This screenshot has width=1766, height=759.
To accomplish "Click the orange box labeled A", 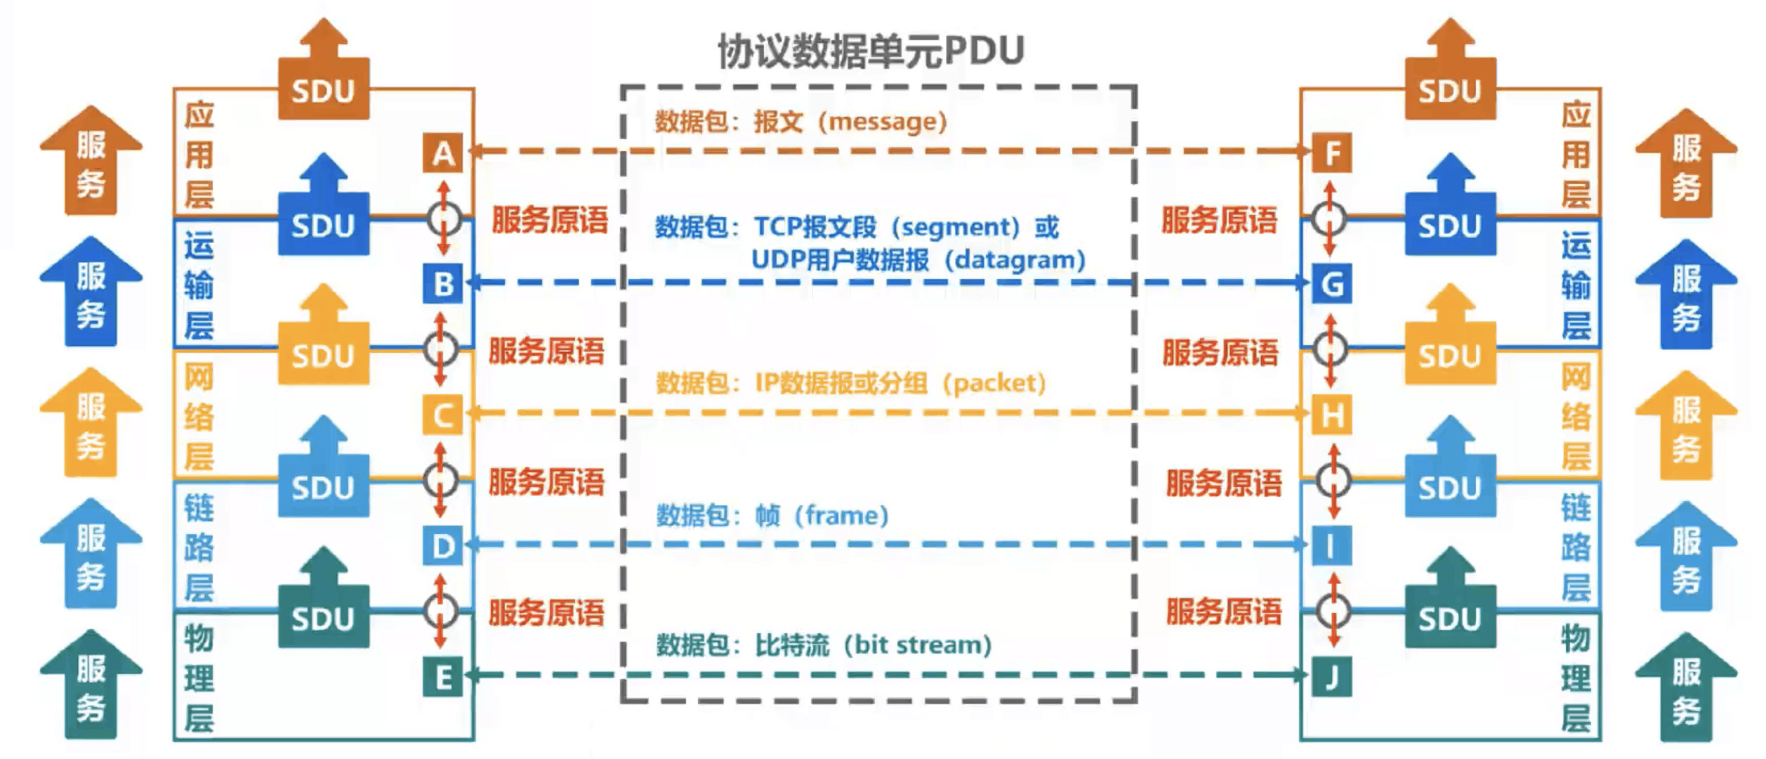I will [x=442, y=153].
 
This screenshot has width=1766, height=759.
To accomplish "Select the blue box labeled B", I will [x=442, y=284].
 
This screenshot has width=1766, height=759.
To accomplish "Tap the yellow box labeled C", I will [x=442, y=415].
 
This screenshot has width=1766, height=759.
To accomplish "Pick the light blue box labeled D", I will [x=442, y=546].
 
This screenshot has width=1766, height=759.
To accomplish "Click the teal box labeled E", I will [x=442, y=677].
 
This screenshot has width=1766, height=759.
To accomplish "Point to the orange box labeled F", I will [x=1331, y=153].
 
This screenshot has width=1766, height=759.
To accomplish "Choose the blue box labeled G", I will [x=1331, y=284].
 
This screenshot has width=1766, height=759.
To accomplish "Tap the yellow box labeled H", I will [x=1331, y=415].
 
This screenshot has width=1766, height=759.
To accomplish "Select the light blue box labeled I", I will [x=1331, y=546].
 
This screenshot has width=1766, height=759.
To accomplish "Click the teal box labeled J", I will [x=1331, y=677].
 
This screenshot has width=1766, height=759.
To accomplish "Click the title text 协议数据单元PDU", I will [x=871, y=51].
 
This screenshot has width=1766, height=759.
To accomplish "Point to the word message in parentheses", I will [x=887, y=122].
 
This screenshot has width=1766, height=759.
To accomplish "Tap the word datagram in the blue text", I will [x=1015, y=260].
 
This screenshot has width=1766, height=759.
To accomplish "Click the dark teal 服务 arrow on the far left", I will [x=91, y=685].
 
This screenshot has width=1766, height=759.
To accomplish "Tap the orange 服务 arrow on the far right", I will [x=1685, y=165].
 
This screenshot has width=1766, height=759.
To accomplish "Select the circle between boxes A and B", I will [x=443, y=219].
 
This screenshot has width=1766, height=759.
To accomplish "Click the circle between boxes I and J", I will [x=1332, y=611].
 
